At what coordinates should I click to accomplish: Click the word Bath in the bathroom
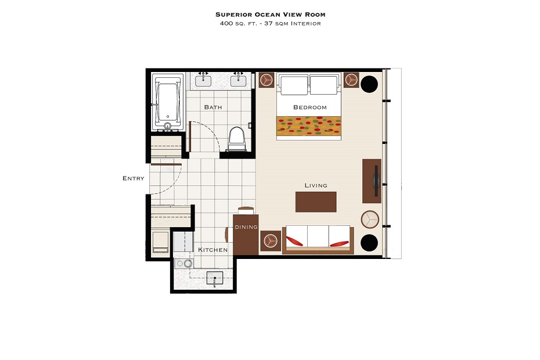[x=213, y=107]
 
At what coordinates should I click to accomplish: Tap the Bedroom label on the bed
[x=309, y=107]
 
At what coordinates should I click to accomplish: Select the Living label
[x=316, y=185]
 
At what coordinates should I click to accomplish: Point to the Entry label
[x=134, y=178]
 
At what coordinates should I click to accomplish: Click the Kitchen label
[x=213, y=250]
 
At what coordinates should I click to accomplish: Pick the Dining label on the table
[x=246, y=227]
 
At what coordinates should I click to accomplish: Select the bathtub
[x=168, y=102]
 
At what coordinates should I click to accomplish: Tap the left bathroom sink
[x=203, y=81]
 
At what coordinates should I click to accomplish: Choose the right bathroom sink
[x=238, y=81]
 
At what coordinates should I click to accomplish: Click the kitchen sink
[x=215, y=278]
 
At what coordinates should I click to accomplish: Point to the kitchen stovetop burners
[x=184, y=264]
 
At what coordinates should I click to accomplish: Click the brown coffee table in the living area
[x=316, y=202]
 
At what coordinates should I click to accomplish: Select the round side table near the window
[x=370, y=219]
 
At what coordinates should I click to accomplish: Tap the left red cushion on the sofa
[x=294, y=241]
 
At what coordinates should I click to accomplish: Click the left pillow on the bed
[x=294, y=85]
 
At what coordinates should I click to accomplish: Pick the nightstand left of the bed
[x=266, y=80]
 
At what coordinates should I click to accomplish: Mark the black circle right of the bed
[x=369, y=84]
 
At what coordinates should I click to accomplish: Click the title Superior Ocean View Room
[x=271, y=15]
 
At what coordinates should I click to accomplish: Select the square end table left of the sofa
[x=271, y=241]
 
